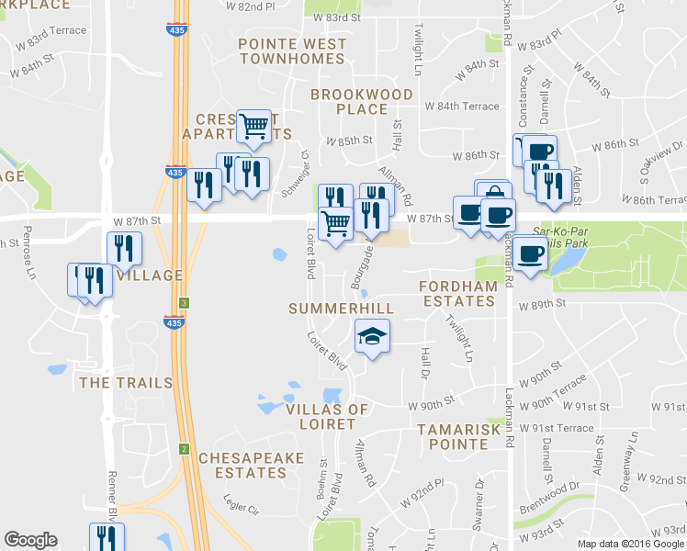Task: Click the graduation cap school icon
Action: [x=372, y=336]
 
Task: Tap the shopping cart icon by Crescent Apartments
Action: [x=254, y=126]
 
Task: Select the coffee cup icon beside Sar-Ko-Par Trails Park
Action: [x=529, y=253]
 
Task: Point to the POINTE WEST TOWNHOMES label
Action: [x=290, y=51]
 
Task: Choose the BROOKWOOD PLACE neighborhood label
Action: [x=348, y=102]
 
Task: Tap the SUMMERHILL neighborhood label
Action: [x=341, y=309]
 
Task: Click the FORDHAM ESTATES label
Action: [x=457, y=294]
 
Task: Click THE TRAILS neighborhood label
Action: [x=126, y=382]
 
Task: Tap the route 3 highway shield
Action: [x=185, y=302]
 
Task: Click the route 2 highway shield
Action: [x=184, y=448]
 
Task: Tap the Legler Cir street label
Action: [x=242, y=504]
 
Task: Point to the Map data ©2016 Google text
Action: [x=630, y=544]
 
